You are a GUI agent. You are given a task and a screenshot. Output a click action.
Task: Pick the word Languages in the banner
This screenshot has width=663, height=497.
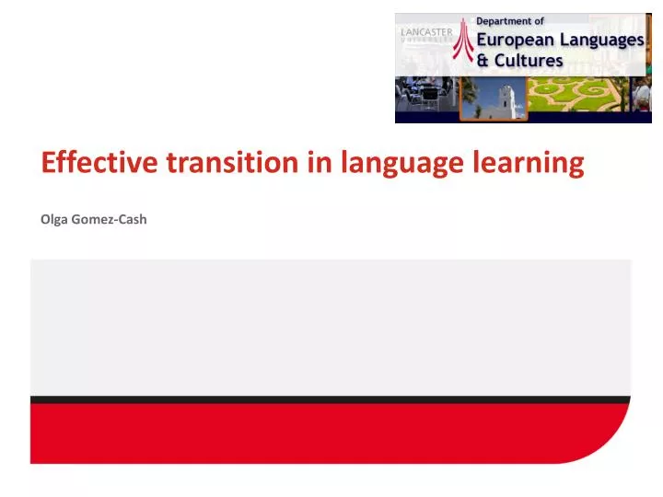603,40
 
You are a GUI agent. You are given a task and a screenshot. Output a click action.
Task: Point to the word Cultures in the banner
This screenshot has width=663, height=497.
529,60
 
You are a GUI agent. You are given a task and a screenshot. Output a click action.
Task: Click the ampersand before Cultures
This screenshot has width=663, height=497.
483,60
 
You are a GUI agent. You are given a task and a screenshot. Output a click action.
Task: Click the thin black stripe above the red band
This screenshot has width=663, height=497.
331,399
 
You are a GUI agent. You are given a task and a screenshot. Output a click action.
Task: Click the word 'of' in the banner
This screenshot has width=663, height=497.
539,21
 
